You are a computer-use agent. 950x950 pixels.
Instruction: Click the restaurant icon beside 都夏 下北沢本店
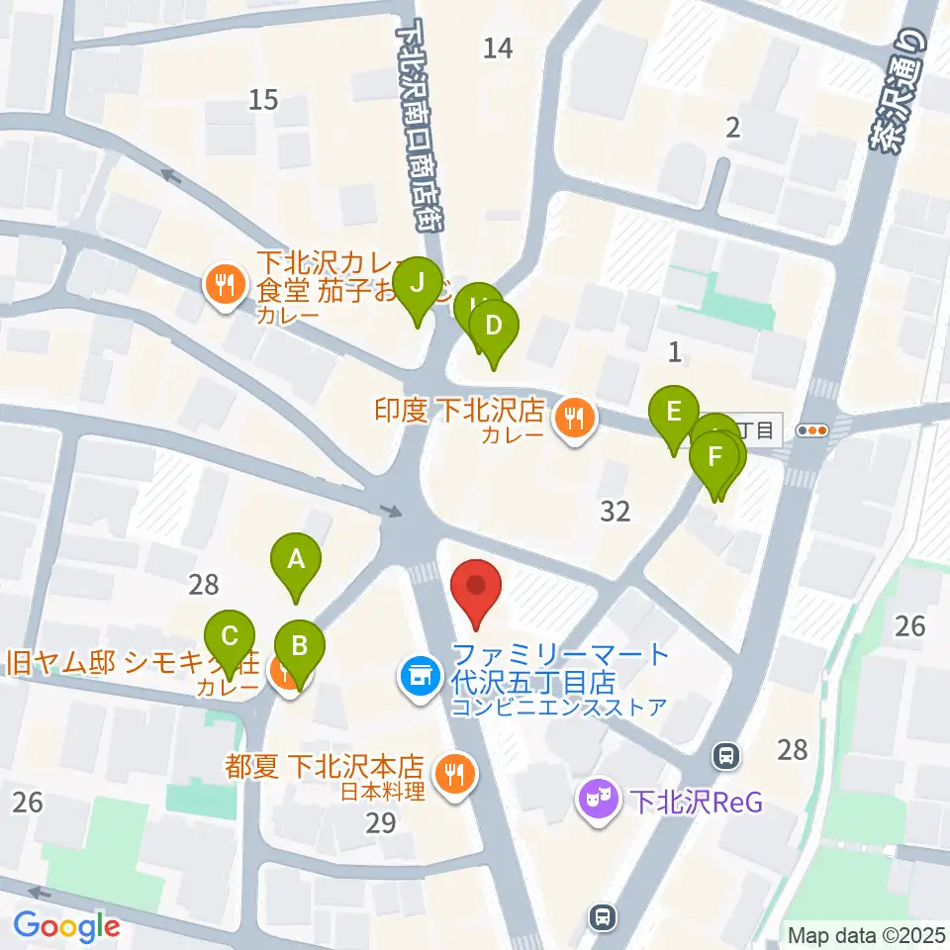(454, 773)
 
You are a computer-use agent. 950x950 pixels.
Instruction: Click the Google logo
(66, 927)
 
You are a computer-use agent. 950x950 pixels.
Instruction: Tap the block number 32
(616, 511)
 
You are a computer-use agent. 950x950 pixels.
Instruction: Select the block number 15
(263, 99)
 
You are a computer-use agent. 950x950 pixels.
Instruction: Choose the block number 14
(498, 47)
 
